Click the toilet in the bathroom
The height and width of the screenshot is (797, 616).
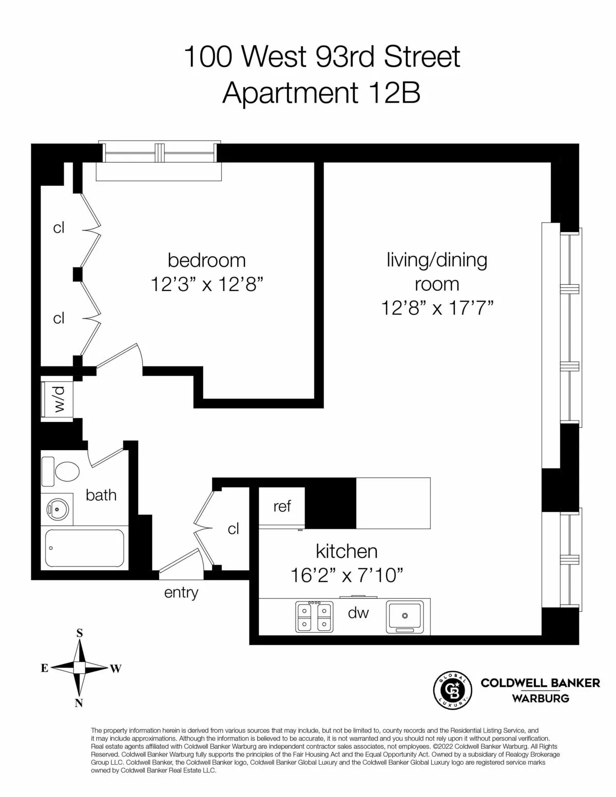pos(62,471)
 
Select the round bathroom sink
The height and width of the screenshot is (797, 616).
pos(57,510)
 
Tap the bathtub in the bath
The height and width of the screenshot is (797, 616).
pos(85,548)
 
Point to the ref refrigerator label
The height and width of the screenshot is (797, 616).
pos(282,507)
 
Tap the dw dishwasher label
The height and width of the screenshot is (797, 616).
pos(358,612)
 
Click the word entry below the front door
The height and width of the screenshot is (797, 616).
pos(181,593)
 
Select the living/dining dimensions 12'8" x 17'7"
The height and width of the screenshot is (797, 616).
pos(437,308)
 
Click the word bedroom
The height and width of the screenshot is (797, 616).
pos(207,260)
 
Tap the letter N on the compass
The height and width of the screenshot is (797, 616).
pos(79,703)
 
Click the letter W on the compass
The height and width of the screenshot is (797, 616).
pos(116,668)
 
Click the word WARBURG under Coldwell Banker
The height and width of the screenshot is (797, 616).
pos(540,698)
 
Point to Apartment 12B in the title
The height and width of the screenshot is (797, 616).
pos(321,94)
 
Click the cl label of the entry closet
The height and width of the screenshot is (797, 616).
pos(234,529)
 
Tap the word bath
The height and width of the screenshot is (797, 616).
pos(101,495)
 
